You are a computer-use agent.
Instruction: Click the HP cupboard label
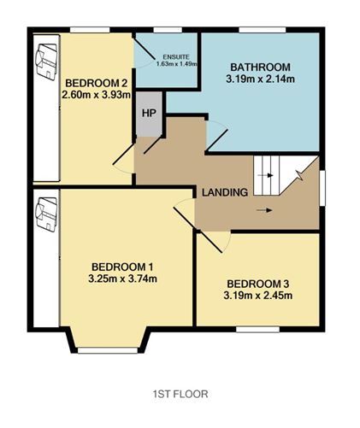149,113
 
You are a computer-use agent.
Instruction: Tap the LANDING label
225,192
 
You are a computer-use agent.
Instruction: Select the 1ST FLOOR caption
180,394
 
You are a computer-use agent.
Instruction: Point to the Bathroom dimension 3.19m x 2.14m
260,79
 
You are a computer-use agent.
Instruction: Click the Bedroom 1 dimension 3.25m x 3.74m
122,278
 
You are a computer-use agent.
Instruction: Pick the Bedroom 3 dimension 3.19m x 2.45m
258,296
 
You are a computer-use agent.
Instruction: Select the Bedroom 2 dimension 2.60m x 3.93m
96,95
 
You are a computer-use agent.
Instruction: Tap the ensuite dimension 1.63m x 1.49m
177,64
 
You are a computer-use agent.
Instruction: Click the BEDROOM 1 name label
122,267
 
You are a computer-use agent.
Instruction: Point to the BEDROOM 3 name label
258,284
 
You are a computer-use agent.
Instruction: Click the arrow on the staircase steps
265,175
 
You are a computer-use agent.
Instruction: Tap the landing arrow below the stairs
264,210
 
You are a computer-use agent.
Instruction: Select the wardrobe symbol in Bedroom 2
46,62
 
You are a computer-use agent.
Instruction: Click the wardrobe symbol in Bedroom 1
46,214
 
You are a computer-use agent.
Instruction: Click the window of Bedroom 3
257,329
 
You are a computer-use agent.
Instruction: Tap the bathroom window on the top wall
263,30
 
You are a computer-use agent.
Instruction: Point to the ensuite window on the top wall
168,30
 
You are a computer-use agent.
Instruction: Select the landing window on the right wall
322,187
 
